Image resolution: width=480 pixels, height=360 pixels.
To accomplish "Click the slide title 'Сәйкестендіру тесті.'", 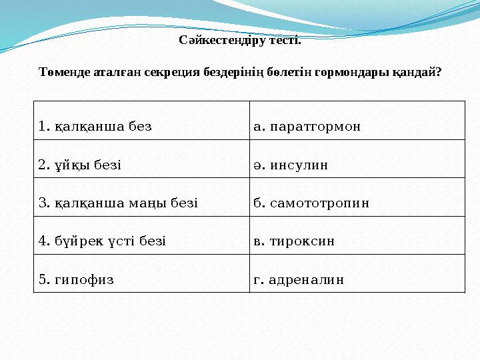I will (x=240, y=41).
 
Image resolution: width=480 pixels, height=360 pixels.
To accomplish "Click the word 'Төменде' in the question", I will (x=64, y=73).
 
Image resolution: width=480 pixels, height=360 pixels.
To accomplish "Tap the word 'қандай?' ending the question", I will (x=418, y=73).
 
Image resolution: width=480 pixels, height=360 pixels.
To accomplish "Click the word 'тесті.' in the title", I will (x=285, y=41).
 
